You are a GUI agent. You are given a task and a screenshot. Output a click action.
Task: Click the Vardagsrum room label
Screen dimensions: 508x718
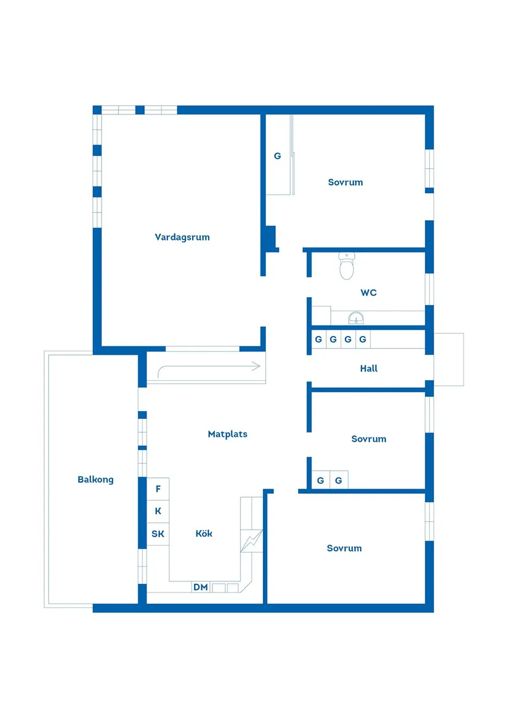pos(182,237)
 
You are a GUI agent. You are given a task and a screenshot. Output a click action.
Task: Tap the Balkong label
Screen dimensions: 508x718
pos(95,479)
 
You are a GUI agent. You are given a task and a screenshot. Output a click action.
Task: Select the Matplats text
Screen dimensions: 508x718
pos(227,434)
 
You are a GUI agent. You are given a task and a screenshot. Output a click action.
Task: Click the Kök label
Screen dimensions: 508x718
pos(204,533)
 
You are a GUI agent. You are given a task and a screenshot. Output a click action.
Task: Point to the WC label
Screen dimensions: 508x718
pos(369,293)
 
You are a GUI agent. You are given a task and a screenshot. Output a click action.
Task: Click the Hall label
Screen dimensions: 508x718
pos(369,368)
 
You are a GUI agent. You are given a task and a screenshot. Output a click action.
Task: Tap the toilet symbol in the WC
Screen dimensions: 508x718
pos(347,266)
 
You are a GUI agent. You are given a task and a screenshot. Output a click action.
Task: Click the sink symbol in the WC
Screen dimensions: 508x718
pos(356,317)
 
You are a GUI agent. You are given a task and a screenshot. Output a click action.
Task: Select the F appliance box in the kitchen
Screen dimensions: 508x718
pos(158,489)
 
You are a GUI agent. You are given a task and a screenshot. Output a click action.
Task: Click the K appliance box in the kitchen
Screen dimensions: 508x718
pos(158,511)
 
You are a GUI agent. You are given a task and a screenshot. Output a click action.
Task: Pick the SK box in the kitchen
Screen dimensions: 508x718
pos(158,534)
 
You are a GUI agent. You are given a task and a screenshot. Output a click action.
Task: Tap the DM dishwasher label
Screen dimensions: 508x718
pos(200,587)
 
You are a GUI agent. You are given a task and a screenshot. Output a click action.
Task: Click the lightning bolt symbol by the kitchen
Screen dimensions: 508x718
pos(252,541)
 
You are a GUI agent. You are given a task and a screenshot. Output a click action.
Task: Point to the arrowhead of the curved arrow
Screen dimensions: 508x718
pos(257,366)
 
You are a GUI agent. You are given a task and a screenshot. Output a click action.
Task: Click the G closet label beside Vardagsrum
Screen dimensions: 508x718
pos(277,156)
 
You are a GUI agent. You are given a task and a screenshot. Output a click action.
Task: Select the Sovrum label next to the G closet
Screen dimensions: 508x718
pos(345,182)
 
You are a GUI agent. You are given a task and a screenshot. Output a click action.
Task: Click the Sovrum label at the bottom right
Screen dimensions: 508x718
pos(344,548)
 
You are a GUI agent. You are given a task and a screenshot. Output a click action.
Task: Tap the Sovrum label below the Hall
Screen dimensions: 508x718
pos(369,439)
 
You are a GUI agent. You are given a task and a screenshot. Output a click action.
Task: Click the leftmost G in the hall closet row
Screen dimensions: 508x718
pos(318,339)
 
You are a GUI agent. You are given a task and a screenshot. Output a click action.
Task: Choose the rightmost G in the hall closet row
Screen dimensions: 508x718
pos(363,339)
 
